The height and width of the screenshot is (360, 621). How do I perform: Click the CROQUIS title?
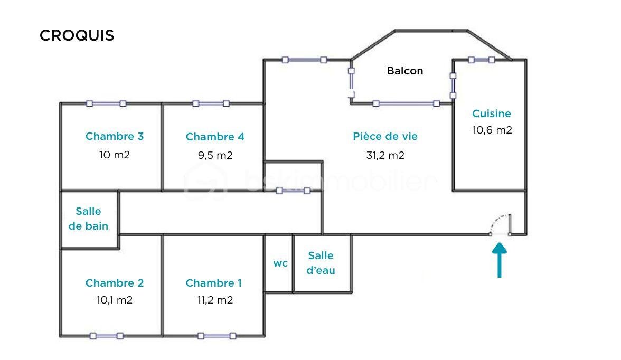[77, 35]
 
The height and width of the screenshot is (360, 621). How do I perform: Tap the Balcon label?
[405, 71]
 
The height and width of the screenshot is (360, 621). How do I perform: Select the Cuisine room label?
[492, 113]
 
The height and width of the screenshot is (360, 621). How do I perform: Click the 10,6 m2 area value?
[492, 130]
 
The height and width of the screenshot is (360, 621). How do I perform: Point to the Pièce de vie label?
[385, 136]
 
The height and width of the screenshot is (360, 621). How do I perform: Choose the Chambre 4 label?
[215, 137]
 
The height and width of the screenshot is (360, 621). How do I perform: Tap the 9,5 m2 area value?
[214, 155]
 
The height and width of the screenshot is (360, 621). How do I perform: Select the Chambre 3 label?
[115, 136]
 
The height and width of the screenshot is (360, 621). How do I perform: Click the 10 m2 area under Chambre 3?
[115, 155]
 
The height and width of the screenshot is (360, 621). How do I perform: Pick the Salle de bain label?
[89, 219]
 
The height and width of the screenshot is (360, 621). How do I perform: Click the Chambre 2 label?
[115, 283]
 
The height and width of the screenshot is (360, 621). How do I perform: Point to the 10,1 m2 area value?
[115, 300]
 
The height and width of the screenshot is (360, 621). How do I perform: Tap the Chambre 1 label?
[214, 283]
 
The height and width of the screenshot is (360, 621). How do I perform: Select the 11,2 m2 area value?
[214, 300]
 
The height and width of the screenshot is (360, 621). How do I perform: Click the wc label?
[280, 263]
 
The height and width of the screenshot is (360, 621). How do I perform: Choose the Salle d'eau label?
[321, 263]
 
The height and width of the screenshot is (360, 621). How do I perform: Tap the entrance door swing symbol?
[501, 224]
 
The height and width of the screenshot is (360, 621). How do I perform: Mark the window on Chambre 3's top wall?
[106, 103]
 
